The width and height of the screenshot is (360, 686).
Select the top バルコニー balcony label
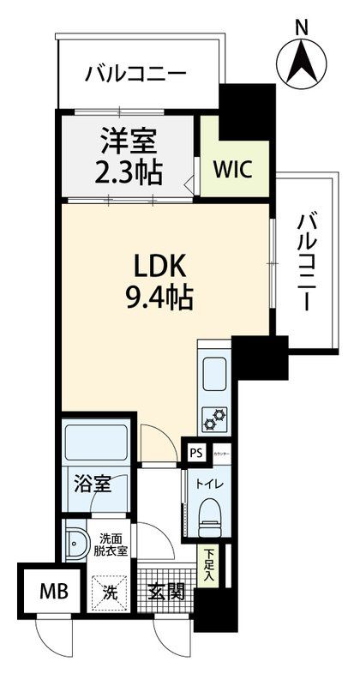pyautogui.click(x=135, y=75)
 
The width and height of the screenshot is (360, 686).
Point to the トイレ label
pyautogui.click(x=208, y=484)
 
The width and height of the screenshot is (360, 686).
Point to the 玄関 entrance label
pyautogui.click(x=166, y=591)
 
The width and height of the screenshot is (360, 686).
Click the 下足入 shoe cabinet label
pyautogui.click(x=207, y=566)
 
